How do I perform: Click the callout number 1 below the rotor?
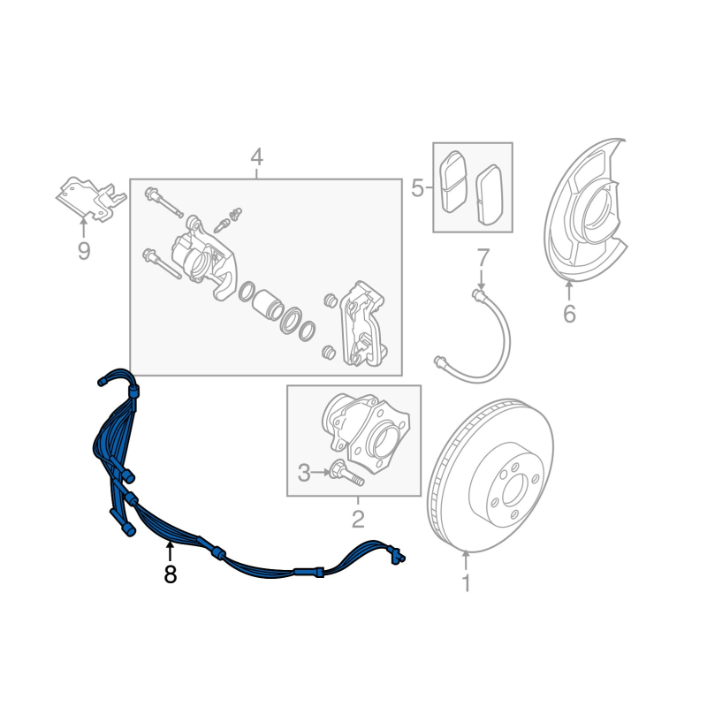coord(467,583)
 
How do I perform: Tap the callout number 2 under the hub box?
coord(358,519)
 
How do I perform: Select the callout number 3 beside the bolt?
coord(304,473)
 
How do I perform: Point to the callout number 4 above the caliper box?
coord(256,157)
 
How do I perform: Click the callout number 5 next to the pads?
coord(417,187)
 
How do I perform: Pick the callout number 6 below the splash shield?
coord(569,314)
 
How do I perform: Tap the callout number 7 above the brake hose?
coord(483,257)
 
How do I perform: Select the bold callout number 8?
coord(170,574)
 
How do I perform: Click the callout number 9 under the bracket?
coord(84,251)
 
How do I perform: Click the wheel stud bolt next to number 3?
coord(346,473)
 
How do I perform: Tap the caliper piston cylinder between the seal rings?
coord(267,303)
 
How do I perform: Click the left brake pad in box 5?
coord(452,181)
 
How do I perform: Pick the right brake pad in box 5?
coord(490,194)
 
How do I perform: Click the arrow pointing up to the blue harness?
coord(170,551)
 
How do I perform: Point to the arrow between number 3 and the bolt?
coord(321,473)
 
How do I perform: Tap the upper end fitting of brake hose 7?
coord(479,295)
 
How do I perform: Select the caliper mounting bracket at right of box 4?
coord(363,323)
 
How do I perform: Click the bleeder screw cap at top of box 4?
coord(236,213)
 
